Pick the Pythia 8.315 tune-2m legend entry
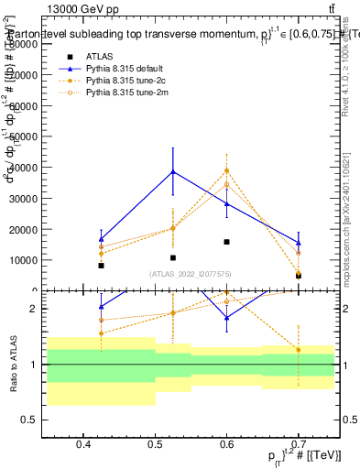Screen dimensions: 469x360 [x=125, y=93]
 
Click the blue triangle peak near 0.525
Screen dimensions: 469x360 [x=172, y=171]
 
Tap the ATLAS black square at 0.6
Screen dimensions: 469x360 [x=226, y=242]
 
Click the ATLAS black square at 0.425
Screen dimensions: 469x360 [x=101, y=266]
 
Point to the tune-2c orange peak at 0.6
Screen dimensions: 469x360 [x=226, y=170]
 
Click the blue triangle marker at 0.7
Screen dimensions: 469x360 [x=298, y=243]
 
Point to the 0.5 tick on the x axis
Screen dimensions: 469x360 [x=155, y=444]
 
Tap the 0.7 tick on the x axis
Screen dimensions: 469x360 [x=298, y=444]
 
